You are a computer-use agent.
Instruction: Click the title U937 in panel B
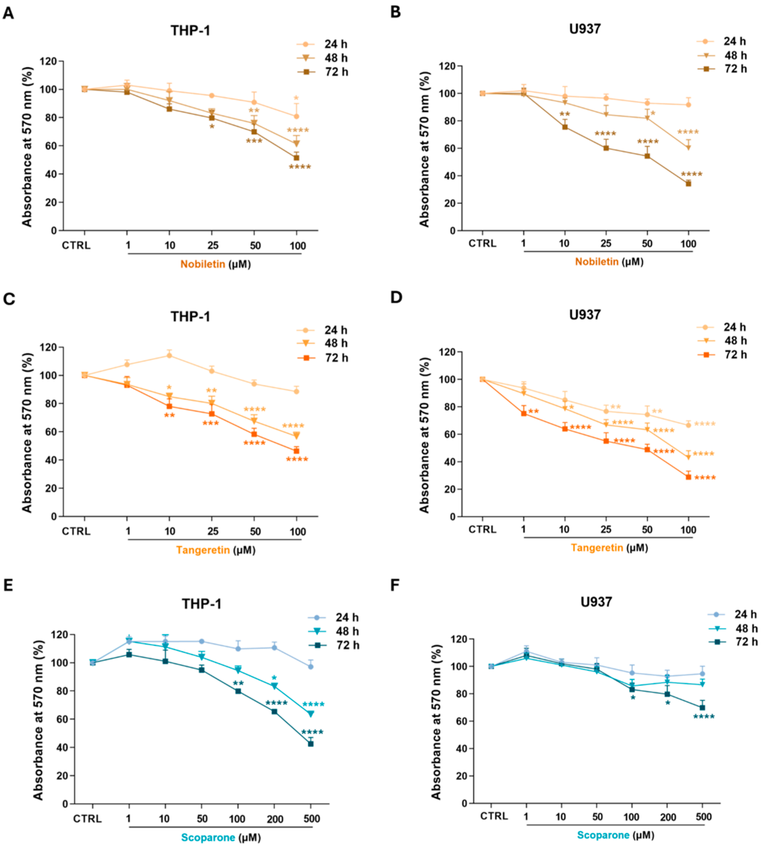click(x=585, y=29)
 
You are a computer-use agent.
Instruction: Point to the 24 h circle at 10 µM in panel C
click(x=169, y=355)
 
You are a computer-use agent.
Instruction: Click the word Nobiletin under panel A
click(x=203, y=264)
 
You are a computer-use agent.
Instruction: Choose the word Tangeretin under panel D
click(x=597, y=548)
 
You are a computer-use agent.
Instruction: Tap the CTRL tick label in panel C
click(x=76, y=531)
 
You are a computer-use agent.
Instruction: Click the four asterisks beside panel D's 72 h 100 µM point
click(x=705, y=478)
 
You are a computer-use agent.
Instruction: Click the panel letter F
click(x=396, y=585)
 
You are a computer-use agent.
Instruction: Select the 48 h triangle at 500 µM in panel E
click(x=311, y=714)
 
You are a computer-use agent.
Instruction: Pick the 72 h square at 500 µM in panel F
click(x=702, y=708)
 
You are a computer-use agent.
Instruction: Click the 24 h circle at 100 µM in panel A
click(x=296, y=116)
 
